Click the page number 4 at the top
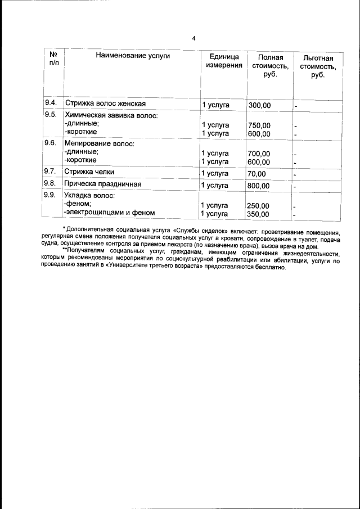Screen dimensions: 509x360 [x=193, y=38]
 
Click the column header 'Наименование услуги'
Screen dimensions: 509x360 [x=133, y=56]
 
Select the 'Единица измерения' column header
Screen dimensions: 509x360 [x=224, y=61]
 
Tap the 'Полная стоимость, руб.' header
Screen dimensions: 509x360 [x=270, y=66]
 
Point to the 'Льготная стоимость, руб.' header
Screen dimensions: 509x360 [x=318, y=67]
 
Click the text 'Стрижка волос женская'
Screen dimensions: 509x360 [x=105, y=104]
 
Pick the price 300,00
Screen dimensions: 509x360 [x=259, y=105]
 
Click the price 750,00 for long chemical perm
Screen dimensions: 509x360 [x=259, y=125]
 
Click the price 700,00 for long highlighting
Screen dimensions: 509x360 [x=259, y=154]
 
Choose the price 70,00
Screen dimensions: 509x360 [x=256, y=173]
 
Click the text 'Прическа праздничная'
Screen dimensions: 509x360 [x=102, y=184]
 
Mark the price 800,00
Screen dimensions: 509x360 [x=259, y=186]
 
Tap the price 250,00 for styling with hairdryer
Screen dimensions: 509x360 [x=259, y=206]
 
